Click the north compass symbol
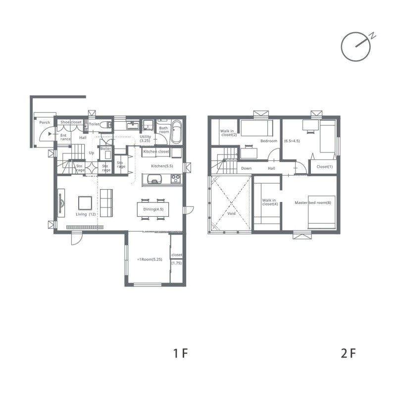pyautogui.click(x=356, y=47)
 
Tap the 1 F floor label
pyautogui.click(x=180, y=353)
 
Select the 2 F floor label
pyautogui.click(x=348, y=353)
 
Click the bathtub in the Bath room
pyautogui.click(x=176, y=132)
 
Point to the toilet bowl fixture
pyautogui.click(x=106, y=125)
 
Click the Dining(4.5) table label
pyautogui.click(x=153, y=209)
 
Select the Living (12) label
pyautogui.click(x=86, y=214)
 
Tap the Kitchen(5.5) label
pyautogui.click(x=162, y=166)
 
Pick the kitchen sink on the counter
pyautogui.click(x=154, y=179)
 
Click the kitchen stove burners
pyautogui.click(x=176, y=179)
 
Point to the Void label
pyautogui.click(x=231, y=213)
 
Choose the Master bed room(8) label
pyautogui.click(x=313, y=202)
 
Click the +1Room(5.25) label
pyautogui.click(x=149, y=259)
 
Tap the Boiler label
pyautogui.click(x=105, y=148)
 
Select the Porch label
pyautogui.click(x=45, y=122)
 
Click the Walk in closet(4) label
pyautogui.click(x=269, y=202)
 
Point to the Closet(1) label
pyautogui.click(x=325, y=167)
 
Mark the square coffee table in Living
pyautogui.click(x=85, y=203)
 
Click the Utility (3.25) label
pyautogui.click(x=145, y=139)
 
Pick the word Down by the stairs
pyautogui.click(x=246, y=168)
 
